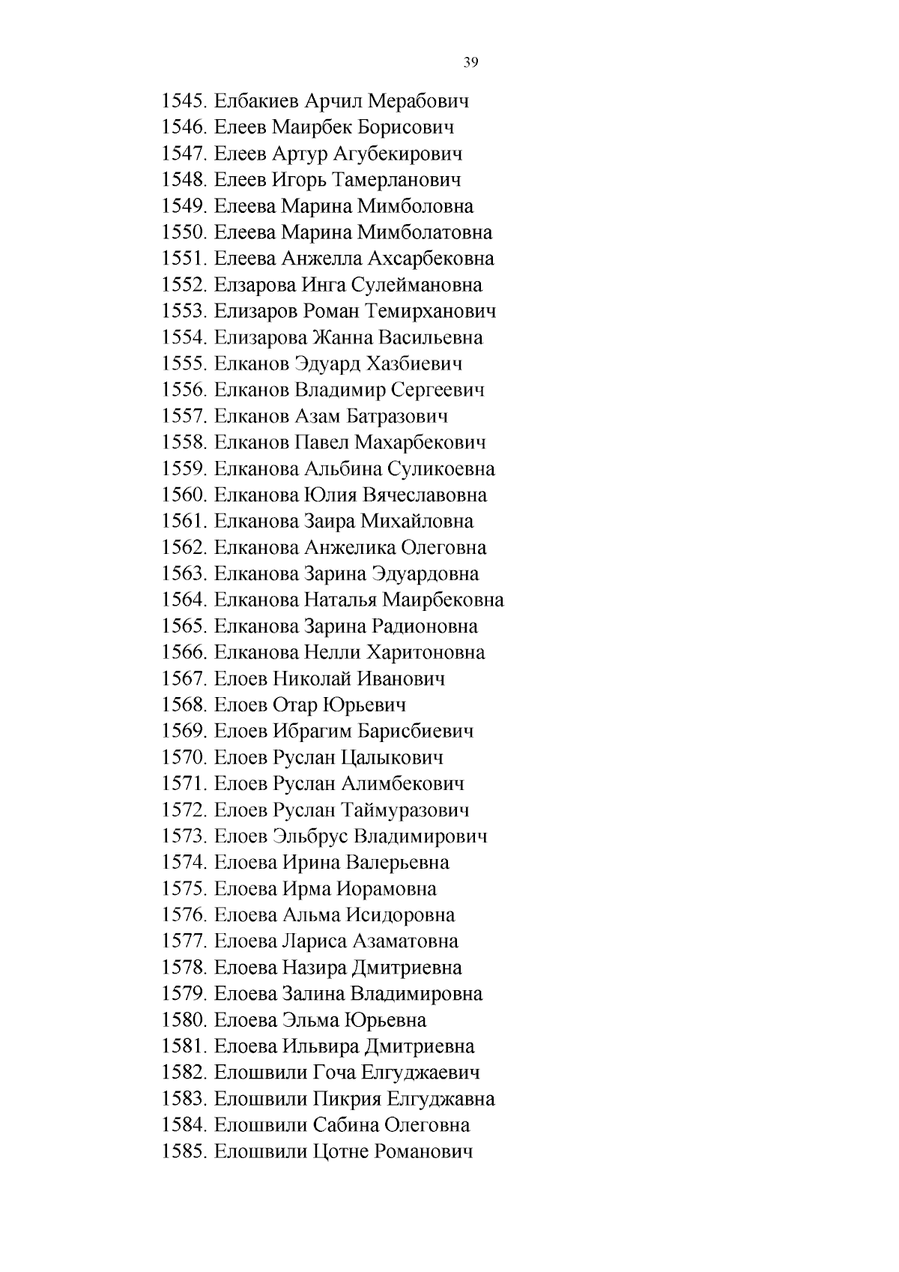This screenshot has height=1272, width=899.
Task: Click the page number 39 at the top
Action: pos(470,62)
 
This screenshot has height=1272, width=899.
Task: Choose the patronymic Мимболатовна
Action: pos(425,232)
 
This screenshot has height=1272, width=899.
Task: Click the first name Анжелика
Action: pos(348,547)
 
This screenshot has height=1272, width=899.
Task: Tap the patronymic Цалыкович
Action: pos(392,758)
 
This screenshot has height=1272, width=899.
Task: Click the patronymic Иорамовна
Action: pos(387,889)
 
